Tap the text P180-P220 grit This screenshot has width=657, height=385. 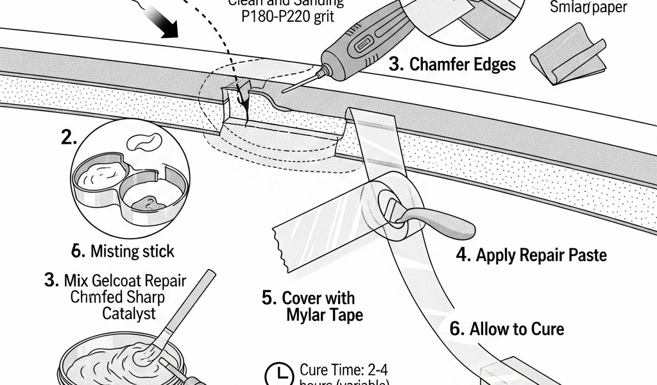(287, 17)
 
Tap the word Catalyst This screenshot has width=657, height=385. (128, 314)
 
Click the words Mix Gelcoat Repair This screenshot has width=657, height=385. (115, 281)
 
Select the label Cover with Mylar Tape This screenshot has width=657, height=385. (317, 307)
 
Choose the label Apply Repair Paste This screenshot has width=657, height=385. (531, 255)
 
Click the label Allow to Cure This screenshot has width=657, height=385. (507, 329)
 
